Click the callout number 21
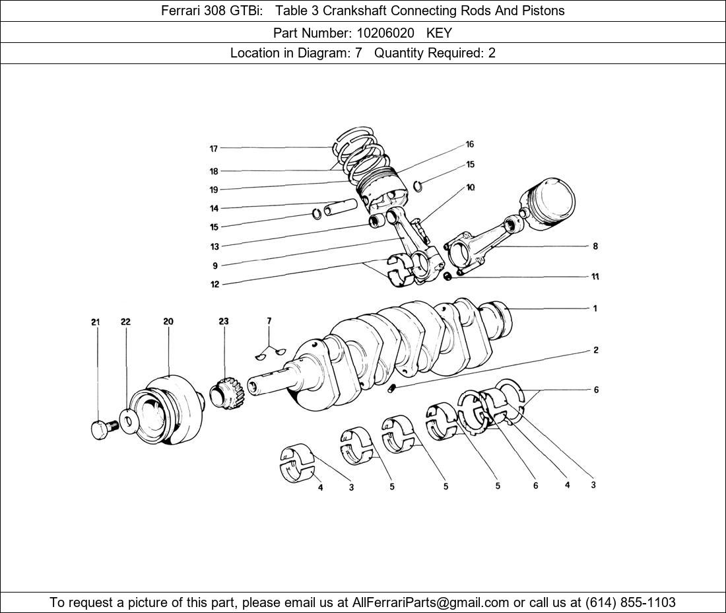[96, 322]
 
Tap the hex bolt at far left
[100, 429]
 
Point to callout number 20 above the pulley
[168, 322]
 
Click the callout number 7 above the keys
[269, 321]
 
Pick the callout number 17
[214, 149]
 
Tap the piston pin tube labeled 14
[341, 208]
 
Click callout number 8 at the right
[595, 246]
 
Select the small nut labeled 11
[447, 276]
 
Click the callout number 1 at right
[595, 308]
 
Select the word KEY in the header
[439, 32]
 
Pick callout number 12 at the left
[215, 285]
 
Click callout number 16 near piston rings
[470, 145]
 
